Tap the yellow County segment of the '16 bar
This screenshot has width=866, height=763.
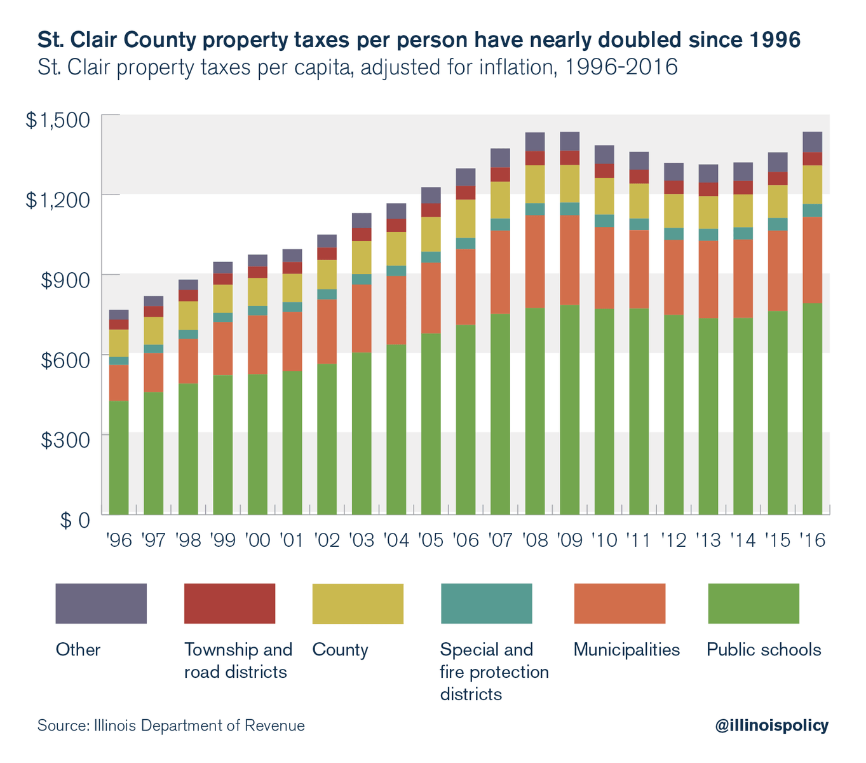[813, 184]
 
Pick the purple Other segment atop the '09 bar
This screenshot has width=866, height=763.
[570, 141]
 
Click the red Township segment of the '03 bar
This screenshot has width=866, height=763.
[362, 235]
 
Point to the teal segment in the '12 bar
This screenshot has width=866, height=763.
[674, 234]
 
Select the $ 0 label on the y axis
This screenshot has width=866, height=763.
[74, 520]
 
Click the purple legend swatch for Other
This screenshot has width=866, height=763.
[101, 603]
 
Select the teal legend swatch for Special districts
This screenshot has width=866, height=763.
[486, 603]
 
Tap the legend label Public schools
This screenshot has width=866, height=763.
[764, 650]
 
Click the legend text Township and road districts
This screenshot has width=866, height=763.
[238, 661]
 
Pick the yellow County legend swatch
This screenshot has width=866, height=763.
[358, 603]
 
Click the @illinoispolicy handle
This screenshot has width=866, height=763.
[771, 725]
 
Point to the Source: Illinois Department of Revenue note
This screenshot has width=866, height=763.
[171, 725]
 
